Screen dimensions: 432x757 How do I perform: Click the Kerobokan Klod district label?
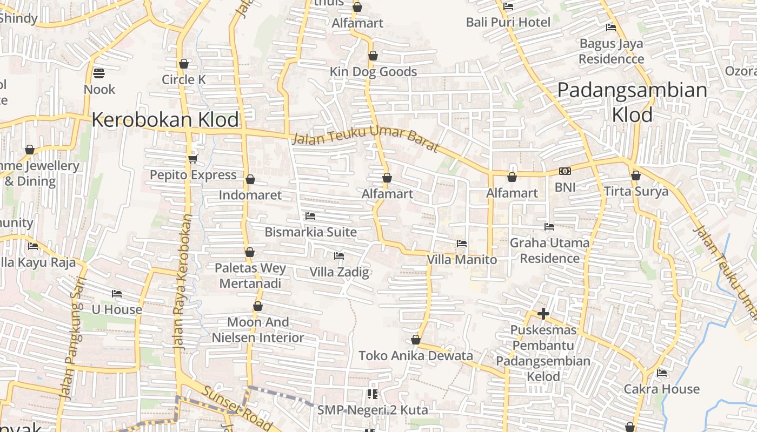click(x=165, y=120)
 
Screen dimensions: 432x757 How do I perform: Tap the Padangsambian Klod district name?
click(x=632, y=102)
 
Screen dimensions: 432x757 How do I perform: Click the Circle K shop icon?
click(x=184, y=64)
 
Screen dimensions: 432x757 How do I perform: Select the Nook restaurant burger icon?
click(x=99, y=73)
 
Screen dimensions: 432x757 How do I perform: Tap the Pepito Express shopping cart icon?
click(x=193, y=159)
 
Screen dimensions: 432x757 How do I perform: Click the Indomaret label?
click(x=250, y=195)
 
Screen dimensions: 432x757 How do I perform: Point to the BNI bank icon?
click(x=565, y=172)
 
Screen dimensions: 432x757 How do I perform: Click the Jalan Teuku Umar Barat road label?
click(x=366, y=139)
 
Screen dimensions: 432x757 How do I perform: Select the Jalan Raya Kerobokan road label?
click(x=183, y=281)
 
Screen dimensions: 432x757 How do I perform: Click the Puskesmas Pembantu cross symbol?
click(x=543, y=314)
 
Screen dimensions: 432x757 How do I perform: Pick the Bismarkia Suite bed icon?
click(x=310, y=216)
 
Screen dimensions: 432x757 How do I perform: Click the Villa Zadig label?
click(x=339, y=272)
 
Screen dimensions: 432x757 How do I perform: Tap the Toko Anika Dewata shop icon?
click(x=416, y=340)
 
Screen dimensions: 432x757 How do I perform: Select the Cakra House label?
click(x=661, y=389)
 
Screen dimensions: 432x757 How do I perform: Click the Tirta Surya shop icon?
click(x=636, y=176)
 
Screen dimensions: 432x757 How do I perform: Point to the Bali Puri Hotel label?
click(x=508, y=23)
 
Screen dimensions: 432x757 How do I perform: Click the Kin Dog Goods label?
click(x=373, y=72)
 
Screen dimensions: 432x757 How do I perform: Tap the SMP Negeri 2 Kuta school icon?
click(x=372, y=394)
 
